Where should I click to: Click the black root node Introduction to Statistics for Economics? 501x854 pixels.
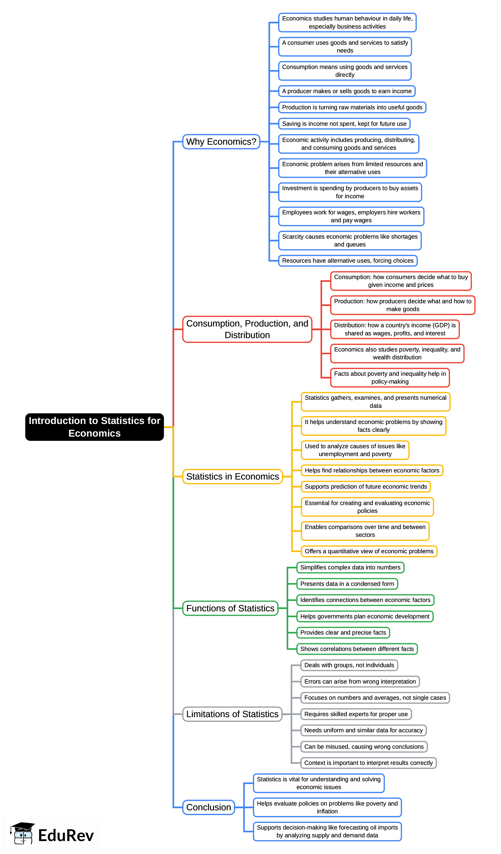coord(94,427)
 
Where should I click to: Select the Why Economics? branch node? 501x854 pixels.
coord(221,142)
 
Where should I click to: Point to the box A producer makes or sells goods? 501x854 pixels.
coord(347,91)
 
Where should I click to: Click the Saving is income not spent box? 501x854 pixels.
coord(344,124)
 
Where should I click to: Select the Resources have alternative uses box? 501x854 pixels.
coord(348,261)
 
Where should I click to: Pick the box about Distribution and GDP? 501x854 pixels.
coord(395,329)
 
